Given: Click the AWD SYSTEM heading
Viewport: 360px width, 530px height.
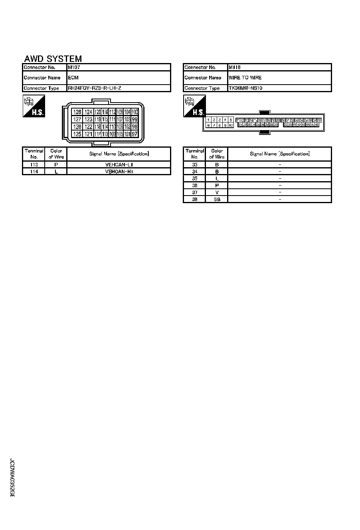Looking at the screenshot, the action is coord(53,59).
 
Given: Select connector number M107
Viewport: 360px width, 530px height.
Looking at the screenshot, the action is coord(74,67).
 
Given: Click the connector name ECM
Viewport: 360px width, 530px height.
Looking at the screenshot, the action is coord(73,78).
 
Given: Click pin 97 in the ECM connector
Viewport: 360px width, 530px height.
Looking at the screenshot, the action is coord(135,134).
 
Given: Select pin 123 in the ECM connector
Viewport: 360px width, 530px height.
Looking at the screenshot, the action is coord(89,120).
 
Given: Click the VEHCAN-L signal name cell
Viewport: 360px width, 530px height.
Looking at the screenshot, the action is coord(119,164).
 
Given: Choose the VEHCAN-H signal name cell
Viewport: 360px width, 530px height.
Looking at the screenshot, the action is coord(119,172).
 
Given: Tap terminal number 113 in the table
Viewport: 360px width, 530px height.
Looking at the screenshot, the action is coord(34,164).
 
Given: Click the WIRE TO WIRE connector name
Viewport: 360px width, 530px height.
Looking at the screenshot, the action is coord(245,78).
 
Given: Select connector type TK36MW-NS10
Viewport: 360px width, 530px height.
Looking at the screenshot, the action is coord(245,88).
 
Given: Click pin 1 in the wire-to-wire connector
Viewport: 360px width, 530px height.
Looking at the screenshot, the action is coord(208,120).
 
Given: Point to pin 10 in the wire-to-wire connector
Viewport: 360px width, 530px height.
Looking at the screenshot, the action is coord(231,125).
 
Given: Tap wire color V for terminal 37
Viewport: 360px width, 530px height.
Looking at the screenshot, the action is coord(217,192).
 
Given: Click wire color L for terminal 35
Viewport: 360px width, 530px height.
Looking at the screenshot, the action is coord(217,178).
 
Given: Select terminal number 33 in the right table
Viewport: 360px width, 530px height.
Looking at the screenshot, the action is coord(195,164).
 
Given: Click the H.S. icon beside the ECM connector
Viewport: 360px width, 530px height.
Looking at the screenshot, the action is coord(34,106).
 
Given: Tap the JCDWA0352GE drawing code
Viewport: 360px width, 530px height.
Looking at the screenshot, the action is coord(12,477).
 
